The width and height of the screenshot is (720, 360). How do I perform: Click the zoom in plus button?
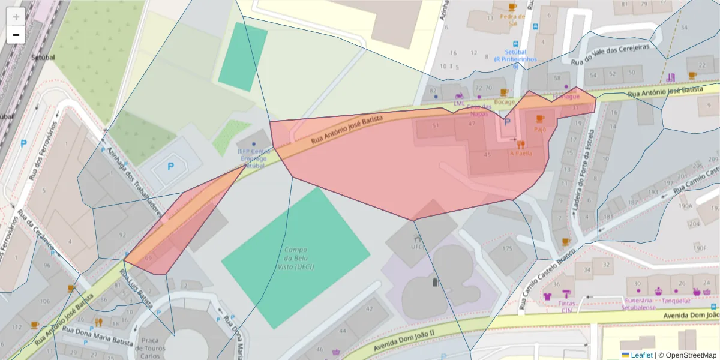[x=16, y=17]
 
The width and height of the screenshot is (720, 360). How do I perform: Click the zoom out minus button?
[x=16, y=35]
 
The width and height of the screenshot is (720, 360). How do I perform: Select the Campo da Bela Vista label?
[x=296, y=258]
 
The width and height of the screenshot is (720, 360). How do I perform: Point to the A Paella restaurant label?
[x=521, y=152]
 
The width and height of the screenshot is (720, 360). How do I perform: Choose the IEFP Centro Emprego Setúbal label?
[x=254, y=158]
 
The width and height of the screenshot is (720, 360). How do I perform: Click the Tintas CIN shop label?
[x=567, y=307]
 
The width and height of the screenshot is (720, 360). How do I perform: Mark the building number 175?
[x=508, y=248]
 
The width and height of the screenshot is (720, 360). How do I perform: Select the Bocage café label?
[x=504, y=102]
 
